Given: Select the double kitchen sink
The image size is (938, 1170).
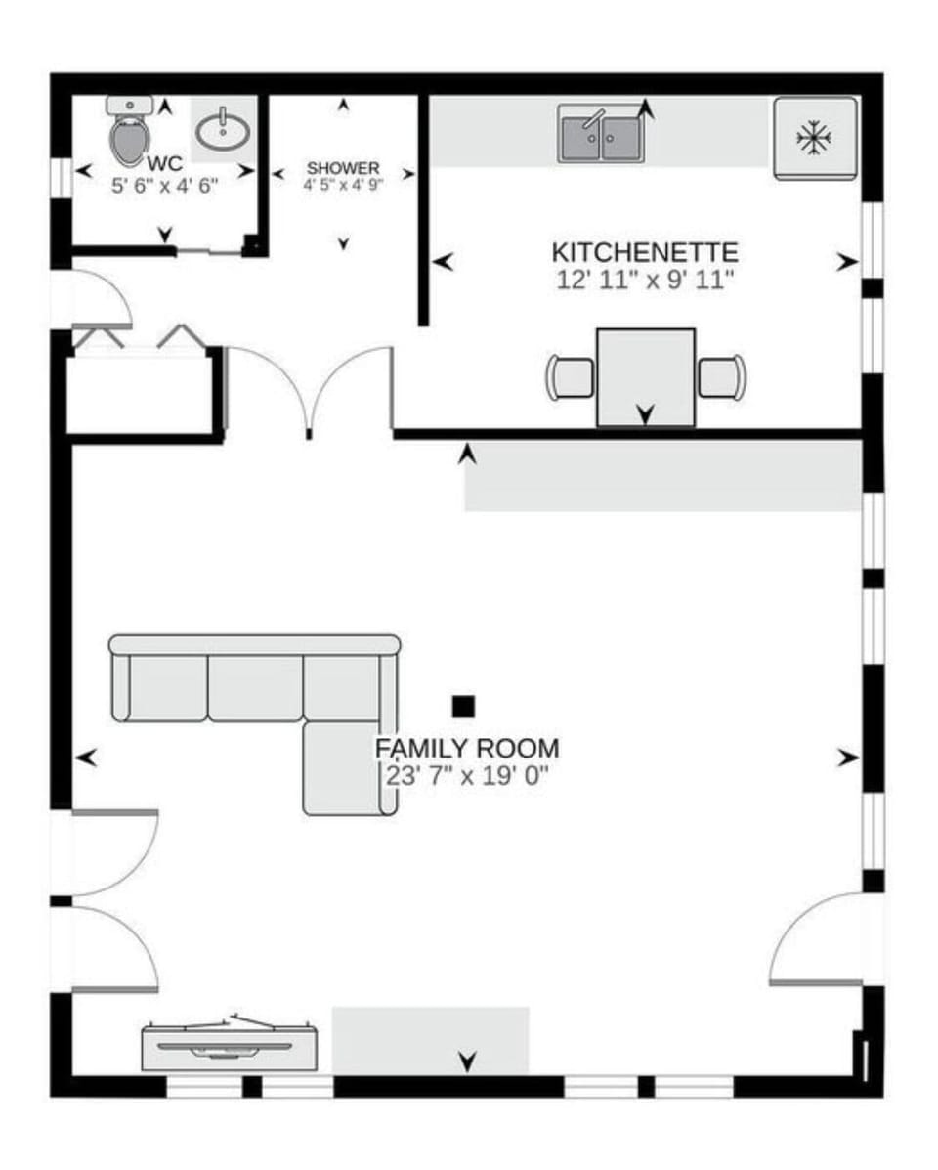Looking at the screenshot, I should coord(601,134).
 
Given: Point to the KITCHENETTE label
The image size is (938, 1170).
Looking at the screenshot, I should coord(645,253).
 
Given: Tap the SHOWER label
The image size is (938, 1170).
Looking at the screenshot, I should coord(343,168).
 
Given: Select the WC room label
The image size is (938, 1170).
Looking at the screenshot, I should coord(164,163).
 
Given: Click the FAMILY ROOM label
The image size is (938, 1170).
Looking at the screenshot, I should coord(468,749).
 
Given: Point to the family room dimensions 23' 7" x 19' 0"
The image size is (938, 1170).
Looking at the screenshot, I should coord(468,776).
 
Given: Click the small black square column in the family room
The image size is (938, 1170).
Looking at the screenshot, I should coord(463,706).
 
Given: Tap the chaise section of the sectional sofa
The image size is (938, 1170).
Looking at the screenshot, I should coord(341,768).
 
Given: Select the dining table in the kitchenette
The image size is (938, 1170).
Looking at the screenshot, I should coord(645,376).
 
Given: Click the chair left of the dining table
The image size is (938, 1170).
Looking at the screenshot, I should coord(571,376).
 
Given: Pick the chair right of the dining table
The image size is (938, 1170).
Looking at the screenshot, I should coord(722,376).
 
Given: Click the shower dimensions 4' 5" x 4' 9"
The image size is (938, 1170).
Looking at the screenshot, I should coord(343,184).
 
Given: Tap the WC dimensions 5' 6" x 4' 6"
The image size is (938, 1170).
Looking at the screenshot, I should coord(164,184).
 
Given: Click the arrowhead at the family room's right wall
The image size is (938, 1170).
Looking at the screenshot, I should coord(847,757).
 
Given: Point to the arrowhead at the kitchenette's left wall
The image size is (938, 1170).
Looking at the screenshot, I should coord(445,261).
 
